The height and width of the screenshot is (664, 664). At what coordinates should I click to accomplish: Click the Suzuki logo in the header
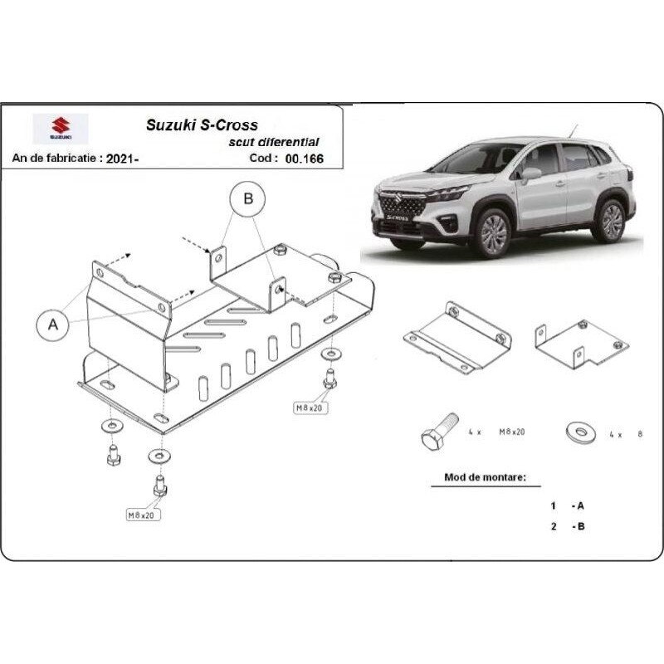coord(61,129)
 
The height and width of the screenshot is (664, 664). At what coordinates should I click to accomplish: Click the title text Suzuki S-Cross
coord(202,125)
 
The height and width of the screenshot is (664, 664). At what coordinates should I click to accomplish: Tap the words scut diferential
coord(274,142)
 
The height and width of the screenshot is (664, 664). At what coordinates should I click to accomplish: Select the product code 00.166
coord(304,159)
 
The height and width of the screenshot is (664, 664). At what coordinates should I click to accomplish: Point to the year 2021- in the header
coord(122,159)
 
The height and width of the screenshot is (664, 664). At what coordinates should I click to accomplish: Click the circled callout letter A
coord(53,325)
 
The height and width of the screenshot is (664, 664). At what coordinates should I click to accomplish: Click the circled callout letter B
coord(247,198)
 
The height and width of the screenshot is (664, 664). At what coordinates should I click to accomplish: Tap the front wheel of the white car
coord(492,233)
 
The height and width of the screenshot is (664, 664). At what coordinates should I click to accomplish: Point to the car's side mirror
coord(531,173)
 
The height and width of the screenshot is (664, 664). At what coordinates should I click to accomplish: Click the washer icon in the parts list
coord(580,432)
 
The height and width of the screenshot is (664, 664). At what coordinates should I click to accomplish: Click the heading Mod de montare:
coord(485,477)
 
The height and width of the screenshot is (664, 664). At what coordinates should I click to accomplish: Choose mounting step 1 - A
coord(568,505)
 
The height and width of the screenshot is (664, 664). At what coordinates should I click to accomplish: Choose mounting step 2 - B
coord(568,526)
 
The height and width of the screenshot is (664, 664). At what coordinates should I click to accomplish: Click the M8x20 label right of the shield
coord(310,408)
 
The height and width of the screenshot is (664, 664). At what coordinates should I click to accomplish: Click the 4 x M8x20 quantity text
coord(496,432)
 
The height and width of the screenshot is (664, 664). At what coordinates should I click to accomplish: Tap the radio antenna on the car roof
coord(574,131)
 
